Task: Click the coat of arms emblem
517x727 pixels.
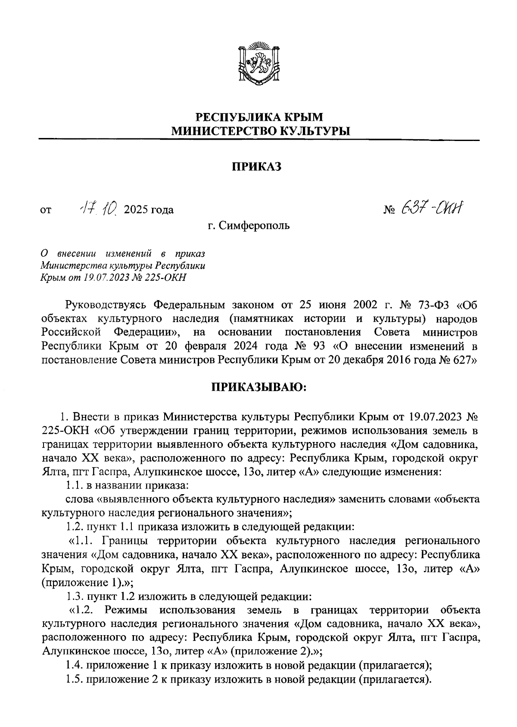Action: (x=259, y=64)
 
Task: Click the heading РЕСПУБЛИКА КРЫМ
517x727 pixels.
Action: (x=259, y=117)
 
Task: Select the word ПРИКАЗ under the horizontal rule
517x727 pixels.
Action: (x=257, y=166)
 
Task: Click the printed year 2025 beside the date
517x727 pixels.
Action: (x=135, y=210)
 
